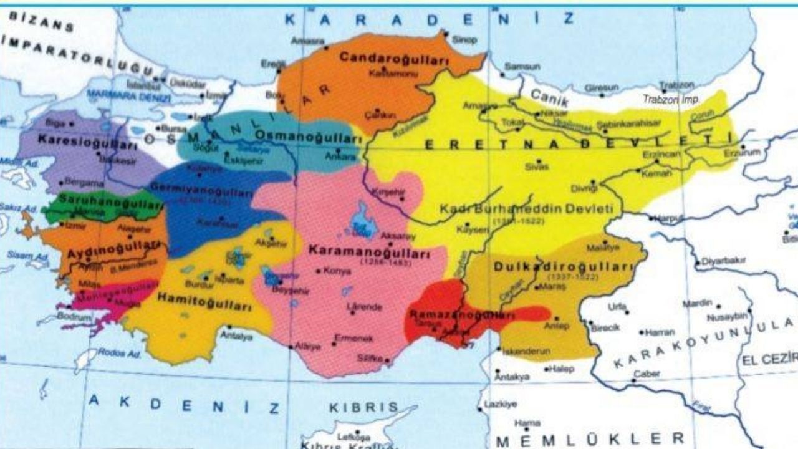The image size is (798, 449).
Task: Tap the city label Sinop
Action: click(x=464, y=40)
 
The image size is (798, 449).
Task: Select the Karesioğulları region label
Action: click(x=87, y=141)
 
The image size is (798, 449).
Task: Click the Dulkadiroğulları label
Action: click(x=562, y=266)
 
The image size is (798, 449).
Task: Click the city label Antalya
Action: click(x=236, y=336)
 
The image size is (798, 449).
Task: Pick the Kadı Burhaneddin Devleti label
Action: click(x=527, y=208)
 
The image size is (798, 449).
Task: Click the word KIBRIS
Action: click(x=363, y=407)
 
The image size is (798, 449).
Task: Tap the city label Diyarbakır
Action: click(x=723, y=261)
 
